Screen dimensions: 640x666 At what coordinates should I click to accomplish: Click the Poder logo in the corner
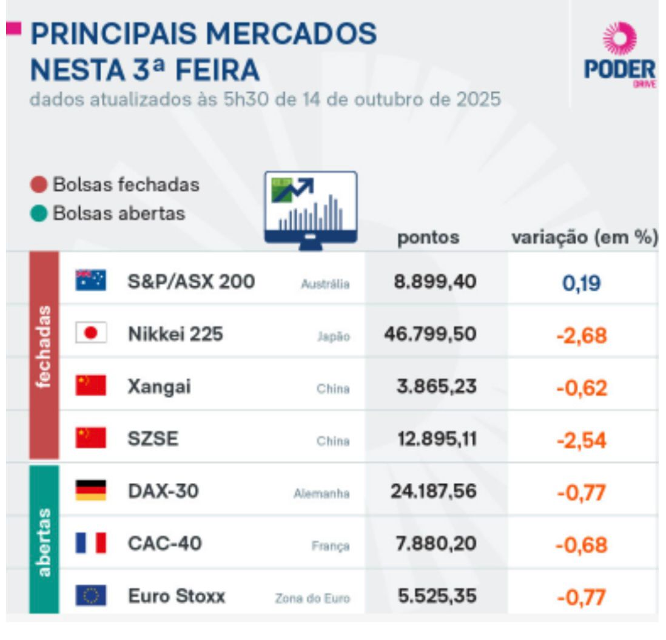[x=619, y=55]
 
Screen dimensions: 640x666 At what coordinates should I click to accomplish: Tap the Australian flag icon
[x=91, y=280]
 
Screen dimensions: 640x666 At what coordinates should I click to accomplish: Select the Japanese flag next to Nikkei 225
[x=91, y=333]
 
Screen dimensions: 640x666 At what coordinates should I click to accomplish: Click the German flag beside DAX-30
[x=91, y=491]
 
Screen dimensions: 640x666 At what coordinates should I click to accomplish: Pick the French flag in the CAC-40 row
[x=91, y=543]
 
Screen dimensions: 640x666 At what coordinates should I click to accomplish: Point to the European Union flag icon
[x=91, y=596]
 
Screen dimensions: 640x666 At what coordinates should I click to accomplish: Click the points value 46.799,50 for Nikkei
[x=430, y=334]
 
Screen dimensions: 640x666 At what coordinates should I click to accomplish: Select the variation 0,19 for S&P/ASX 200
[x=581, y=282]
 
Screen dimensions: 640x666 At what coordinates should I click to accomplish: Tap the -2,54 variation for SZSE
[x=581, y=440]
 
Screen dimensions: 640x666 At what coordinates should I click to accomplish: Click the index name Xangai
[x=159, y=386]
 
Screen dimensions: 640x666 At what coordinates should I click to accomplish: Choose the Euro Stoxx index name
[x=176, y=596]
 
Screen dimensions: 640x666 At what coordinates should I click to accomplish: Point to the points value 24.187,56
[x=432, y=491]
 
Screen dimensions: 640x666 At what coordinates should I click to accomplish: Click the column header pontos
[x=428, y=238]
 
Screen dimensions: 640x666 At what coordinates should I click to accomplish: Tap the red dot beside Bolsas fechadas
[x=39, y=185]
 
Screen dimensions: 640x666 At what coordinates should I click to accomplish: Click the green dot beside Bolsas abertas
[x=39, y=214]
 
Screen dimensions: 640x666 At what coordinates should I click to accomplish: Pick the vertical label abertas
[x=44, y=539]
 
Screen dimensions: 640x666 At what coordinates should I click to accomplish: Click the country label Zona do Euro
[x=312, y=598]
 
